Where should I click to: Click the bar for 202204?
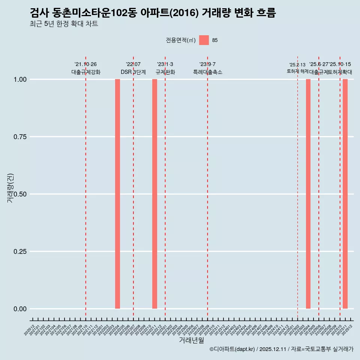pyautogui.click(x=117, y=194)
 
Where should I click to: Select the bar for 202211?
pyautogui.click(x=154, y=194)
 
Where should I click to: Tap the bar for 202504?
pyautogui.click(x=308, y=194)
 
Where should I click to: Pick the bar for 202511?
pyautogui.click(x=345, y=194)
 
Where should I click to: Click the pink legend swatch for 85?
pyautogui.click(x=204, y=40)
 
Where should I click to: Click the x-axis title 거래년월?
pyautogui.click(x=191, y=340)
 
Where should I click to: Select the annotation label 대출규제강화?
pyautogui.click(x=86, y=72)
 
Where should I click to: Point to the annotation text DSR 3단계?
pyautogui.click(x=133, y=72)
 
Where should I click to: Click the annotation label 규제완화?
pyautogui.click(x=165, y=72)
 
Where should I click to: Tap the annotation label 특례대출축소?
pyautogui.click(x=208, y=72)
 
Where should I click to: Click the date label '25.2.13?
pyautogui.click(x=297, y=65)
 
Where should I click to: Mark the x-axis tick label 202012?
pyautogui.click(x=30, y=330)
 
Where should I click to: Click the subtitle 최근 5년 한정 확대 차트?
pyautogui.click(x=64, y=24)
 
